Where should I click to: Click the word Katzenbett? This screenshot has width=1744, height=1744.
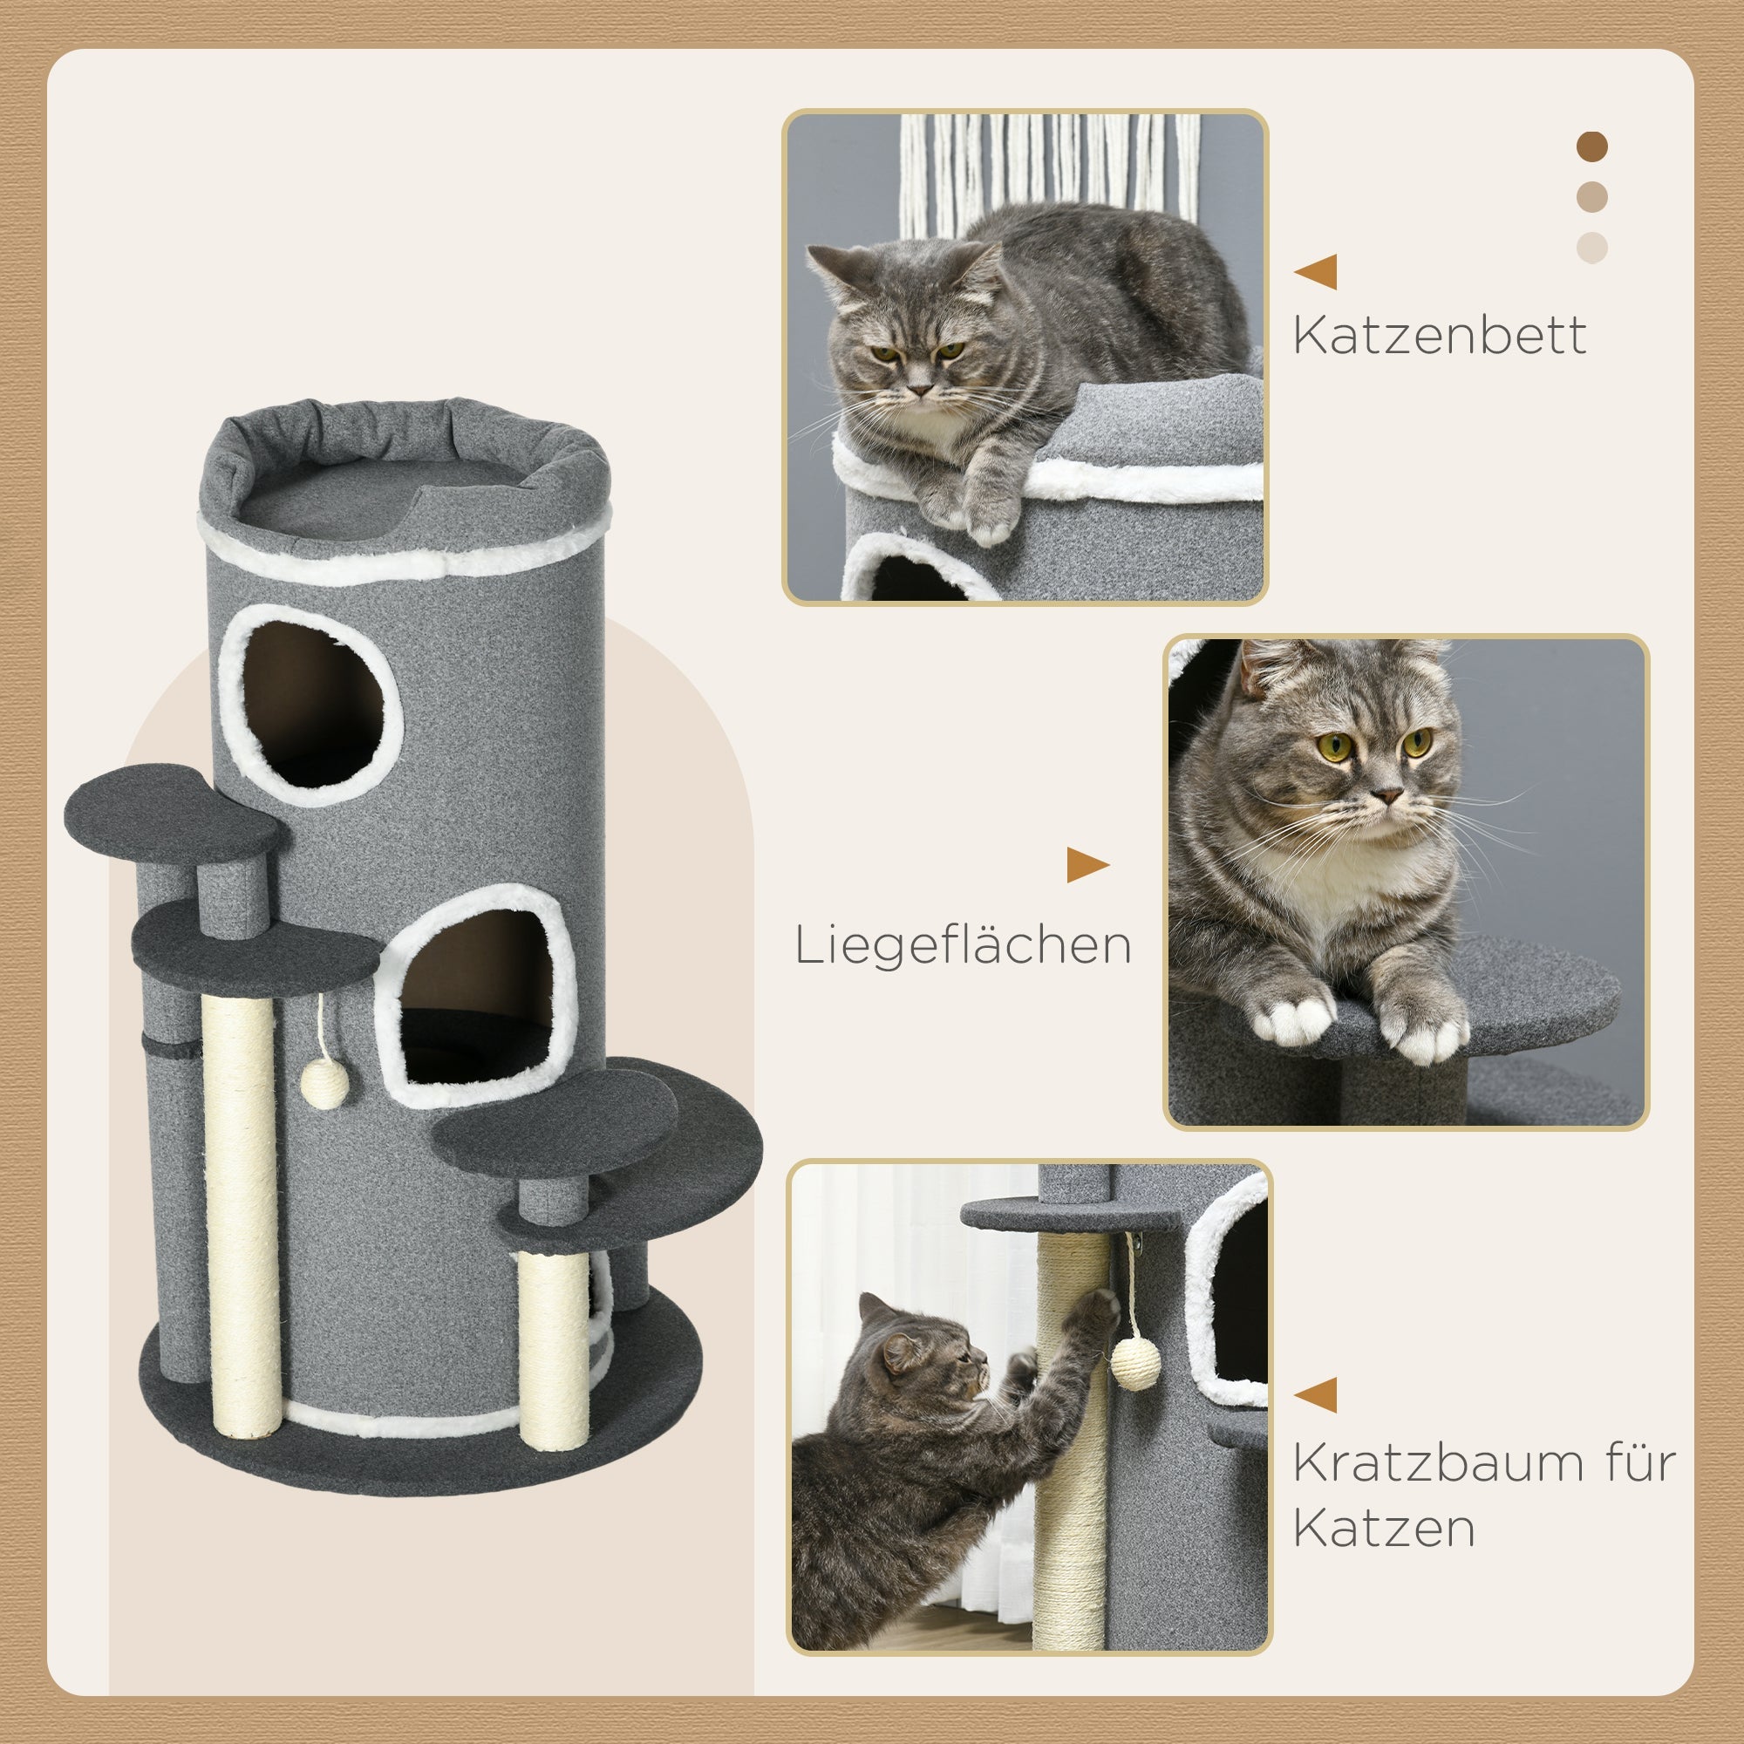(x=1439, y=336)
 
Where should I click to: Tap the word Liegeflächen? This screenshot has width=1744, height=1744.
(x=963, y=946)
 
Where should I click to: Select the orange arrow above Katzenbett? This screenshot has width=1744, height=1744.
(x=1317, y=272)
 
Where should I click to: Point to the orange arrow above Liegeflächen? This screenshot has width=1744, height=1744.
(x=1086, y=865)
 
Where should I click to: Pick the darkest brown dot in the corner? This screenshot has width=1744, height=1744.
(x=1591, y=146)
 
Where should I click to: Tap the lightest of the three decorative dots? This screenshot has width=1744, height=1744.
(x=1591, y=248)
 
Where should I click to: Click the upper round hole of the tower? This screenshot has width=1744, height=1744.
(x=311, y=705)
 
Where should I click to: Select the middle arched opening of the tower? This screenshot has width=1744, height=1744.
(x=476, y=998)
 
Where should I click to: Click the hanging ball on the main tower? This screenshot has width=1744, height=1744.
(x=324, y=1084)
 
